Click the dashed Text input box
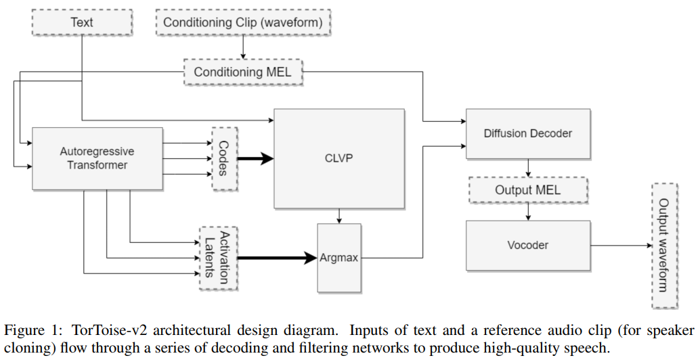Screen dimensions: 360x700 (x=81, y=22)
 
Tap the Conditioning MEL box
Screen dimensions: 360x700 (x=244, y=72)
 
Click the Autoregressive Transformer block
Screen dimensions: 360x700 (x=97, y=158)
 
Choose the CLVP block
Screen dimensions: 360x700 (x=338, y=158)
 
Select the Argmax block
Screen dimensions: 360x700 (x=338, y=258)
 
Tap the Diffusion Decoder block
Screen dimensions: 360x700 (x=528, y=133)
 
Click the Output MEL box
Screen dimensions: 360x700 (x=527, y=190)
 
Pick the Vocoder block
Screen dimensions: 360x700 (x=527, y=245)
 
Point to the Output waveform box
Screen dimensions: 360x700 (x=663, y=245)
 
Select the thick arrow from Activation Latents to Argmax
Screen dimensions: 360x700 (x=278, y=258)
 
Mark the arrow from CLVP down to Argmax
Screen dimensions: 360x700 (x=338, y=216)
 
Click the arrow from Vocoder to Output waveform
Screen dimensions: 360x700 (x=619, y=245)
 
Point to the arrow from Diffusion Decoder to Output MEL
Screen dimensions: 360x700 (x=527, y=168)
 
